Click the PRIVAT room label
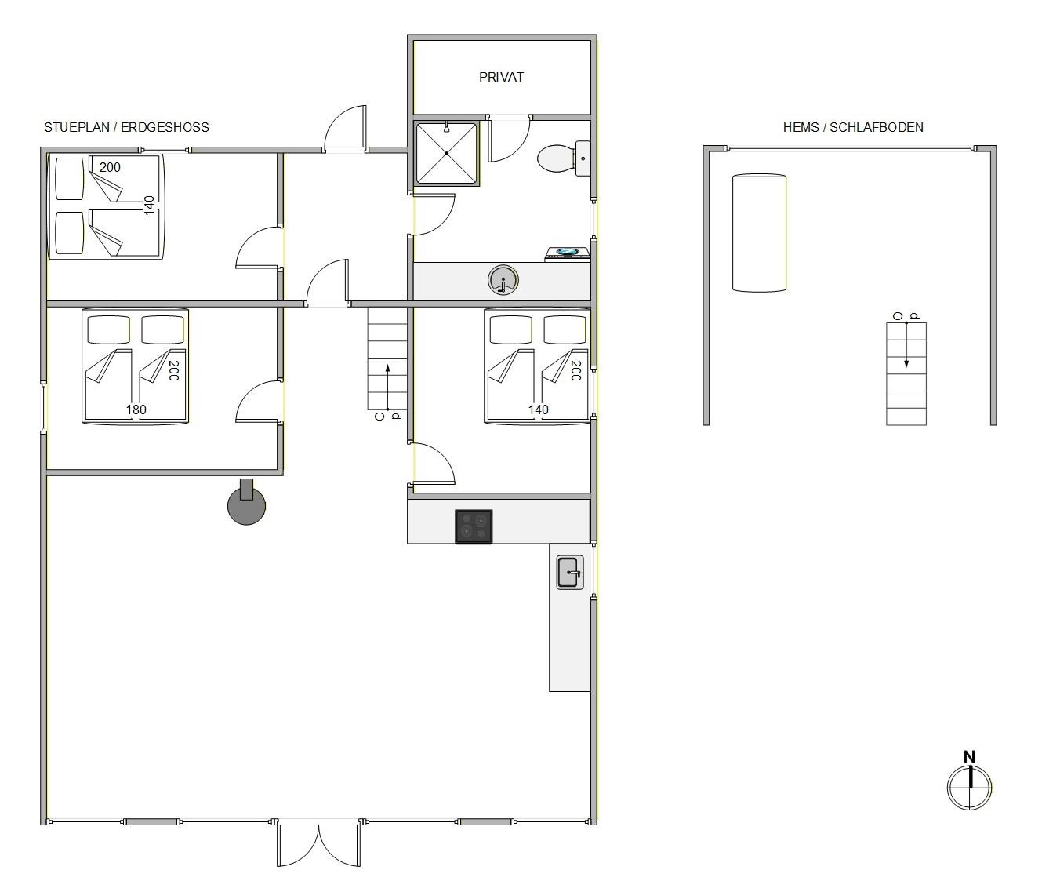coord(500,77)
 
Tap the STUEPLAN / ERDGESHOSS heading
coord(126,127)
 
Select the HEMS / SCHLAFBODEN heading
coord(853,127)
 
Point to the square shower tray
coord(446,154)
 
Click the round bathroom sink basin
coord(503,280)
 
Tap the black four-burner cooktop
coord(474,526)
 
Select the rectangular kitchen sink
coord(570,573)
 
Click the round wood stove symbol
coord(246,504)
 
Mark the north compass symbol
coord(969,788)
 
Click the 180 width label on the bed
coord(136,410)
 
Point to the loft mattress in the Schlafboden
coord(759,233)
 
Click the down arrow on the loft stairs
coord(906,345)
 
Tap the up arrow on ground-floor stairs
coord(387,387)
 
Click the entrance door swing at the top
coord(345,128)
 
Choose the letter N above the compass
coord(969,757)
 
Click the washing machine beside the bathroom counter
coord(568,254)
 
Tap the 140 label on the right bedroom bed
coord(539,410)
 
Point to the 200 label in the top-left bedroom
coord(110,167)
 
